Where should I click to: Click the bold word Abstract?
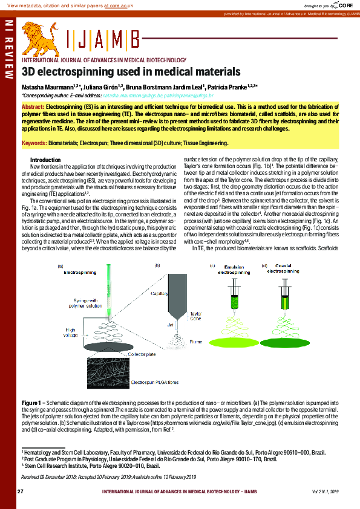pyautogui.click(x=33, y=106)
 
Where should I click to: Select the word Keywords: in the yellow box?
pyautogui.click(x=34, y=143)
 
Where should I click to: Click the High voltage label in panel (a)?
pyautogui.click(x=72, y=332)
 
